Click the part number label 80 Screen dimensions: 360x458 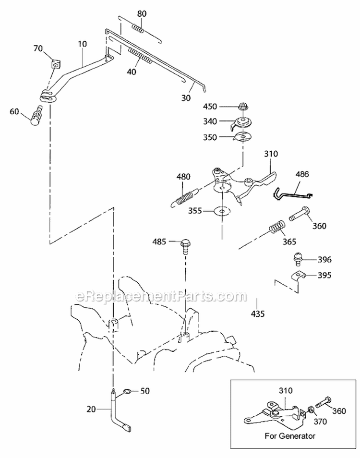[142, 14]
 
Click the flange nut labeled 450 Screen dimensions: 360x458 [243, 107]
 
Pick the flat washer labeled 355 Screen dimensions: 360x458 [222, 210]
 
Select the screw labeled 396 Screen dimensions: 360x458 [298, 259]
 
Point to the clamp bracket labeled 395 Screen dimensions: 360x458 [299, 276]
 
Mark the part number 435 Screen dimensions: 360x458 [257, 314]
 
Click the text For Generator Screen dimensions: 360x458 [289, 436]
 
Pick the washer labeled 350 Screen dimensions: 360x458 [242, 136]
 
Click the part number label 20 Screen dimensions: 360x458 [91, 410]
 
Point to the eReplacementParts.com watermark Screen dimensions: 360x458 [161, 297]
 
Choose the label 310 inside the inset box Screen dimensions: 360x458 [285, 390]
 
